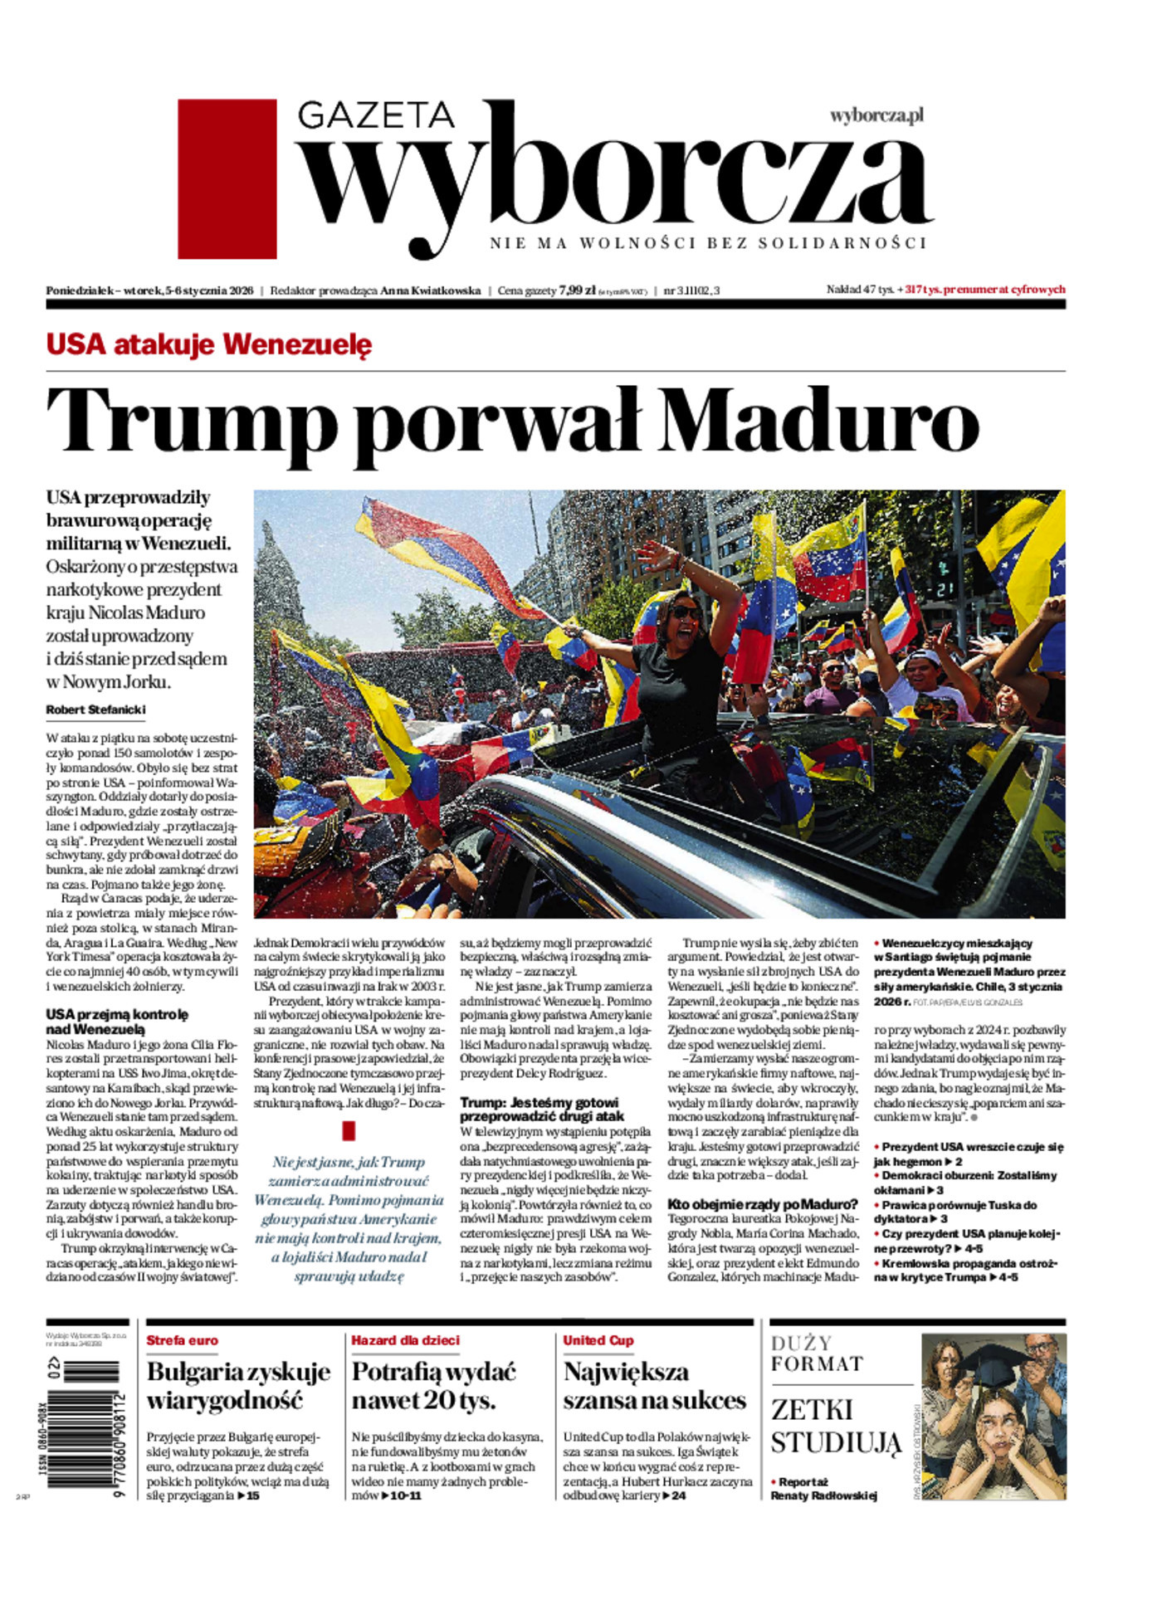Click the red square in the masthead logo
pos(227,178)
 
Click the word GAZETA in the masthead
pos(375,115)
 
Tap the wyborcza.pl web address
pos(876,115)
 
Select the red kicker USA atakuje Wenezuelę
pos(208,344)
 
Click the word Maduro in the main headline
pos(819,420)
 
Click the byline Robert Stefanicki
pos(95,710)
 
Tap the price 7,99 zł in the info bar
pos(577,290)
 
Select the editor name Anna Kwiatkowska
pos(430,290)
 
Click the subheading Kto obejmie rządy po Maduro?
pos(762,1204)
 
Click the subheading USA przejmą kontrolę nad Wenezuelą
pos(116,1022)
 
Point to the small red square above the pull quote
pos(349,1131)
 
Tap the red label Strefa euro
pos(182,1340)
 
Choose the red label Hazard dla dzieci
pos(405,1340)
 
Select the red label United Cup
pos(598,1340)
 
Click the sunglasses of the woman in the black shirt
pos(685,612)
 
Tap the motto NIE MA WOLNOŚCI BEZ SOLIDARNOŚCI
pos(707,243)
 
